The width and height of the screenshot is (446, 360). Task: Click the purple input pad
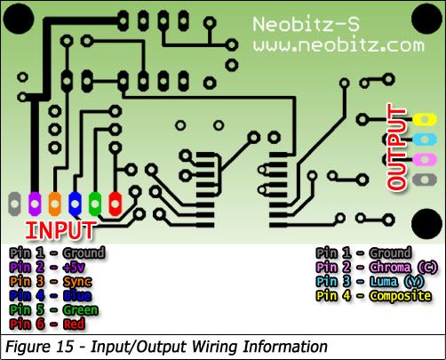35,204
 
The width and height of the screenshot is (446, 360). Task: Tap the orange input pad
55,204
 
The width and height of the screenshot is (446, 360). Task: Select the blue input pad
75,204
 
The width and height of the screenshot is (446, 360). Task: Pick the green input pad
95,204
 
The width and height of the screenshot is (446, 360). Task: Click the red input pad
115,204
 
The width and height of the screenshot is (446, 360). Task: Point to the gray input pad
14,204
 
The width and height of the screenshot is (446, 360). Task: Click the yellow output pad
425,119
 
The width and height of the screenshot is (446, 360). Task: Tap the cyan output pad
425,140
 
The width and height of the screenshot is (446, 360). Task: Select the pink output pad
425,160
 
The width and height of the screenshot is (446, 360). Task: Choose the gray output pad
425,180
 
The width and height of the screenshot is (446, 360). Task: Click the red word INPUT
60,230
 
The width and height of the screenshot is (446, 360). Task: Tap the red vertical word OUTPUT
396,147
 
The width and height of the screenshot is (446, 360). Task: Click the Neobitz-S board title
307,24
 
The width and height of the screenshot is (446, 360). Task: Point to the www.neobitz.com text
338,45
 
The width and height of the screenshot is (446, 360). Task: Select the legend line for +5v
47,268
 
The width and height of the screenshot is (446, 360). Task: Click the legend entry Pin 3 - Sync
51,282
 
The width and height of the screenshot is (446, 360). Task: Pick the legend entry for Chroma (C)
377,268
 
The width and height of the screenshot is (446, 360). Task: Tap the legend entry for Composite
373,296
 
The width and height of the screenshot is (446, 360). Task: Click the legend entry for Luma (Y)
370,282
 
